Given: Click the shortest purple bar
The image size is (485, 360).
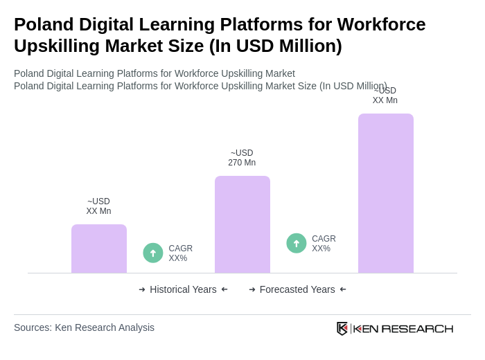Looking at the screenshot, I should pos(99,249).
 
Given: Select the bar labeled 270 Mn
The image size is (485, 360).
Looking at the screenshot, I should pos(242,224).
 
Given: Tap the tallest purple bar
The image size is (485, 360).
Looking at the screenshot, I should pos(386,193).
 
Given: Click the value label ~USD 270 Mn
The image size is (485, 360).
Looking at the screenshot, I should pos(242,158).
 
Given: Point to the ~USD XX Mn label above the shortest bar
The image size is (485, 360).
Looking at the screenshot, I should pos(98,206).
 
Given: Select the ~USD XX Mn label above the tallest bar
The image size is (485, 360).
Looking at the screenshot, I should pos(385,96).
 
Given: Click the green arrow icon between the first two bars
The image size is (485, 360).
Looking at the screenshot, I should pos(153,253).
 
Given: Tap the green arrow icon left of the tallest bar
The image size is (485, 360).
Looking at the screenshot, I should pos(297,243).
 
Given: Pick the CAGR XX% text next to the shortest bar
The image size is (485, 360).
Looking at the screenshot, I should pos(180,253).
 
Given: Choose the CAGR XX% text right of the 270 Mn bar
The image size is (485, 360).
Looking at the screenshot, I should pos(324,244).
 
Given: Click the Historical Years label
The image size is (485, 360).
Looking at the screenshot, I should pos(183,289).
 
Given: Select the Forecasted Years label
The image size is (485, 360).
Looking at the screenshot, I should pos(297,289).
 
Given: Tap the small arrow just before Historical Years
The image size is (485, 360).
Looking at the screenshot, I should pos(142,289).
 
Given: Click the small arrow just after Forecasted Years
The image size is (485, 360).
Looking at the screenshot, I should pos(343,289).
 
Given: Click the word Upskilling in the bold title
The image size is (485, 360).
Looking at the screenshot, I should pos(60,46).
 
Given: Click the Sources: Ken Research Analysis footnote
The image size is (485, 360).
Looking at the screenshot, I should pos(84,327).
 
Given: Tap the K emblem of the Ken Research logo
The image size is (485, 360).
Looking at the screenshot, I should pos(342,328).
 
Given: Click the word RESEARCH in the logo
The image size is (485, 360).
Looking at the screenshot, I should pos(417,328).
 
